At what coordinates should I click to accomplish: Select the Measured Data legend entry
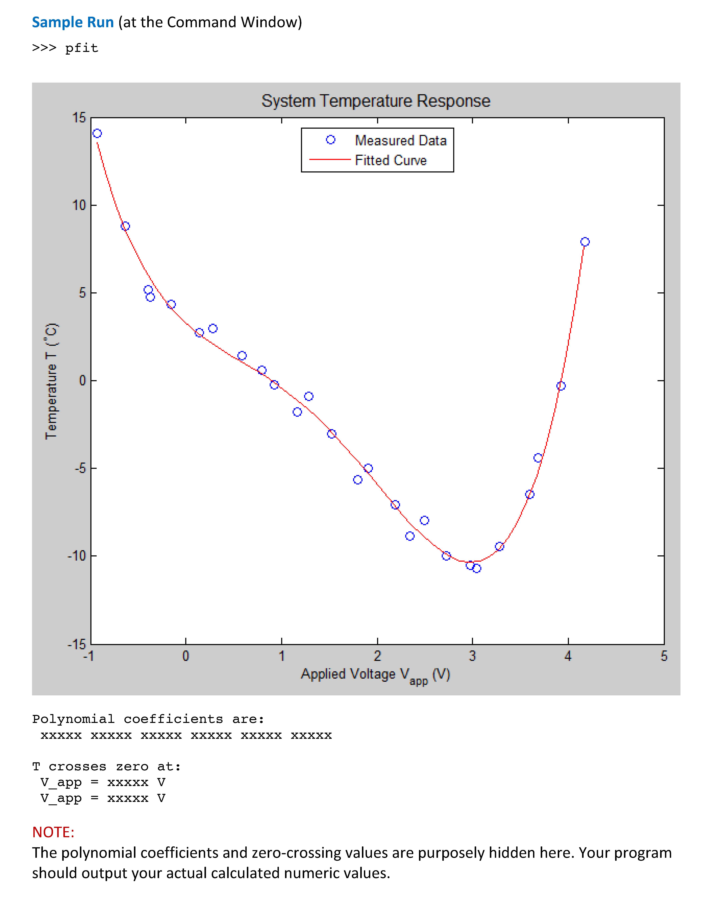coord(400,140)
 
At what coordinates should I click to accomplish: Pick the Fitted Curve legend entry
coord(390,160)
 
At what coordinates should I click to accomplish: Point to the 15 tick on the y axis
coord(79,118)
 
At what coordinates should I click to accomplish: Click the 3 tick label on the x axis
coord(472,656)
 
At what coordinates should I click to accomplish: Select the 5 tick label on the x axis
coord(664,656)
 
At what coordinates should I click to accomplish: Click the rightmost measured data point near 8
coord(585,242)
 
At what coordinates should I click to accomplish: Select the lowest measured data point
coord(477,568)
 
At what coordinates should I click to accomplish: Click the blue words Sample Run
coord(73,22)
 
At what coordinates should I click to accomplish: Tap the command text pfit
coord(82,48)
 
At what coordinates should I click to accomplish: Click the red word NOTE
coord(53,832)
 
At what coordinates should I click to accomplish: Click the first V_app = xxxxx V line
coord(103,782)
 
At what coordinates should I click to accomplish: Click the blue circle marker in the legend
coord(331,140)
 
